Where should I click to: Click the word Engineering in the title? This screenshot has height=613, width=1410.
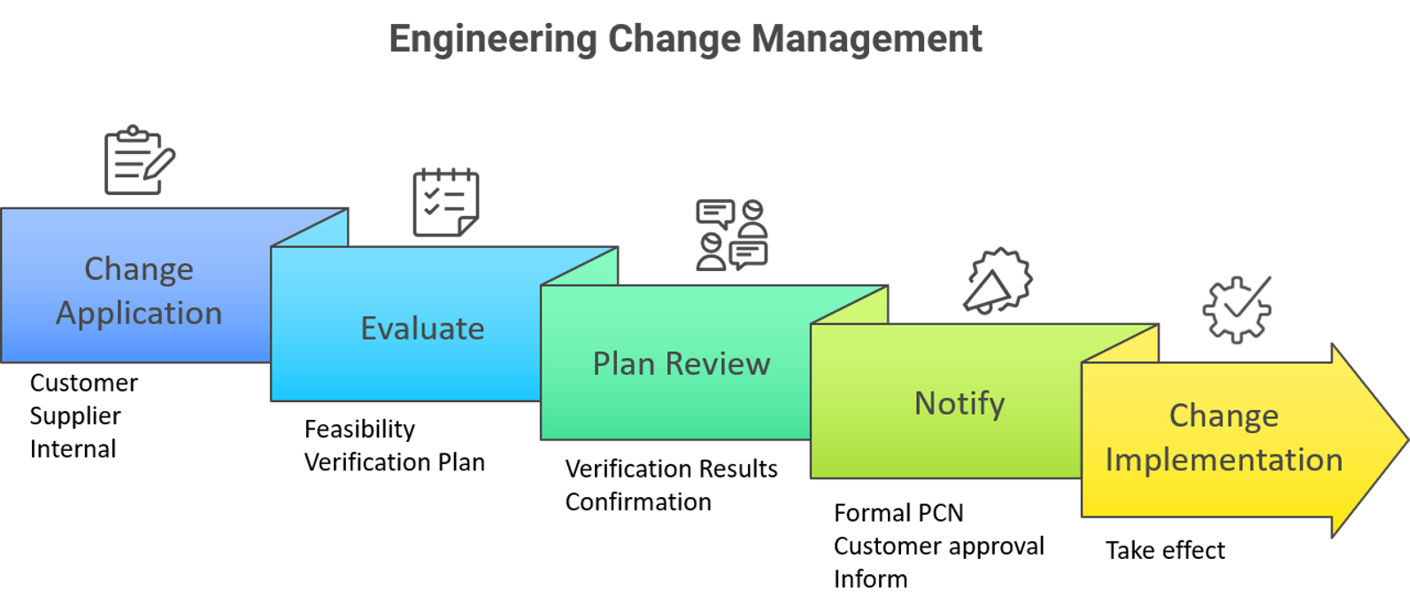pyautogui.click(x=492, y=40)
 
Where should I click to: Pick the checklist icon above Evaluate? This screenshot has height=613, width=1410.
pyautogui.click(x=446, y=202)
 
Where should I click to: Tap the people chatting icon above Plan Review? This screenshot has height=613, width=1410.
pyautogui.click(x=731, y=235)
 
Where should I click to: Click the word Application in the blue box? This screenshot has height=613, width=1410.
pyautogui.click(x=139, y=314)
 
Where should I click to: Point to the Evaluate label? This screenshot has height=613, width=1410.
pyautogui.click(x=422, y=329)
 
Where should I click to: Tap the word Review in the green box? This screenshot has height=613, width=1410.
pyautogui.click(x=718, y=364)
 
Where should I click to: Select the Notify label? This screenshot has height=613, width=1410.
pyautogui.click(x=959, y=404)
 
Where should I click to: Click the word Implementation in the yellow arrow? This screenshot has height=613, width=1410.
pyautogui.click(x=1223, y=461)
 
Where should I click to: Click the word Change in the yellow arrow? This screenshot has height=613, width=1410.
pyautogui.click(x=1223, y=415)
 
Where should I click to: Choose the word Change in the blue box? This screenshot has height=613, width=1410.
pyautogui.click(x=139, y=268)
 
